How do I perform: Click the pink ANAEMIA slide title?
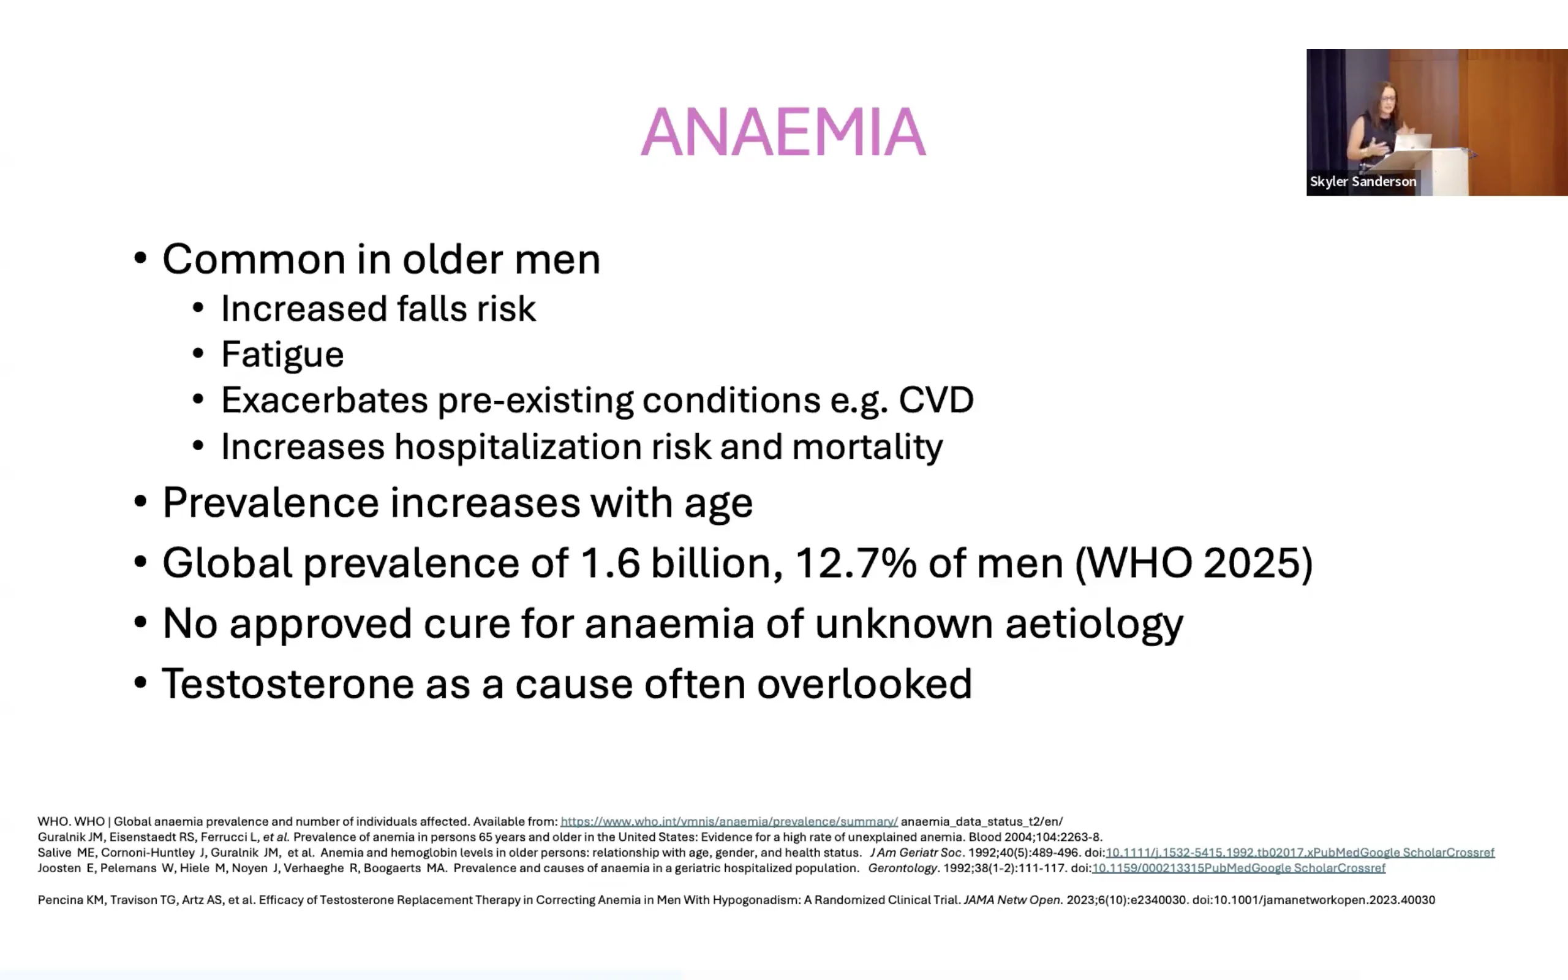[783, 132]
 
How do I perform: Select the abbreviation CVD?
[936, 400]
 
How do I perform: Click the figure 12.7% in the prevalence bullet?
[855, 563]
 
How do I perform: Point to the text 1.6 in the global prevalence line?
[609, 563]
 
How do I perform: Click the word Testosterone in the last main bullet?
[288, 684]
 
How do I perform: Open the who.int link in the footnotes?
[729, 821]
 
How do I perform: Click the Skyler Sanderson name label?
[1363, 181]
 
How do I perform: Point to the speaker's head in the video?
[1386, 99]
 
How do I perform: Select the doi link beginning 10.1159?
[1238, 868]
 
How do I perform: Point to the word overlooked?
[864, 684]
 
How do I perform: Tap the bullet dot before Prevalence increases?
[140, 503]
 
